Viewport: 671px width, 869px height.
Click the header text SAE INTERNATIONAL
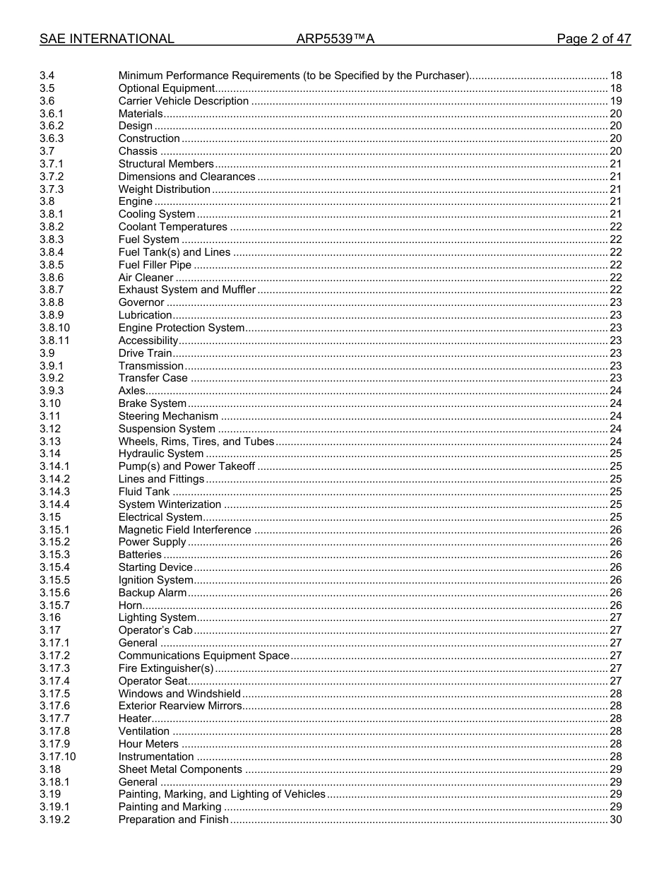pyautogui.click(x=107, y=39)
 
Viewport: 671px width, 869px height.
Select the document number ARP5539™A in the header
pyautogui.click(x=335, y=39)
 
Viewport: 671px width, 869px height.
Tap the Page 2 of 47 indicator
pyautogui.click(x=593, y=39)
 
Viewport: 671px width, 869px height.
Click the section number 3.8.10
pyautogui.click(x=54, y=328)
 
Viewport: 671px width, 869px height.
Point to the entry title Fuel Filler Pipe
pyautogui.click(x=155, y=265)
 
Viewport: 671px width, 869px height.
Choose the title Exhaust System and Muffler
pyautogui.click(x=187, y=290)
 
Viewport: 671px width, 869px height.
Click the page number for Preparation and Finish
pyautogui.click(x=615, y=820)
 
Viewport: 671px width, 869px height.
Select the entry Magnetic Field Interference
pyautogui.click(x=185, y=529)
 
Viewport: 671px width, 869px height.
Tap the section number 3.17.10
pyautogui.click(x=57, y=757)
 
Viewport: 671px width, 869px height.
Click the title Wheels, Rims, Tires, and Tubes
pyautogui.click(x=196, y=442)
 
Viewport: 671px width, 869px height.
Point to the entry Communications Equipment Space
pyautogui.click(x=204, y=656)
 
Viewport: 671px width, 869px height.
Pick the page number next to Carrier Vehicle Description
pyautogui.click(x=615, y=101)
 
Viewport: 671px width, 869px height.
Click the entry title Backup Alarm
pyautogui.click(x=153, y=593)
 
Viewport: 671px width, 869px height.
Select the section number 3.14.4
pyautogui.click(x=54, y=504)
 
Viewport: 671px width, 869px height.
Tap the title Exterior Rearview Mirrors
pyautogui.click(x=180, y=706)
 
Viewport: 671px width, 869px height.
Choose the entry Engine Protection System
pyautogui.click(x=182, y=328)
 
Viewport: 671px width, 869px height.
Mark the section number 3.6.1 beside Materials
pyautogui.click(x=52, y=114)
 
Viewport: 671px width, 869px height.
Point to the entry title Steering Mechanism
pyautogui.click(x=168, y=416)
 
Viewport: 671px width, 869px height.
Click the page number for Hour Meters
pyautogui.click(x=615, y=744)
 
